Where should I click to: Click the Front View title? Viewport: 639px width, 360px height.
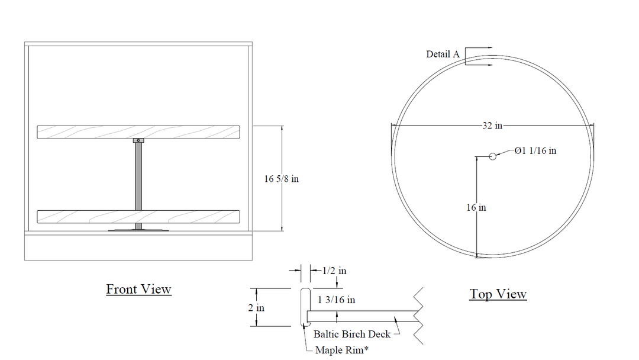pyautogui.click(x=138, y=289)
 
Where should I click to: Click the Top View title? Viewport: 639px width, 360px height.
pyautogui.click(x=498, y=294)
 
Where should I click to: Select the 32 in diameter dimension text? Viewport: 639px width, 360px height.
pyautogui.click(x=492, y=126)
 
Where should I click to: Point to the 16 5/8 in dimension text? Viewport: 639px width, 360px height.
pyautogui.click(x=281, y=179)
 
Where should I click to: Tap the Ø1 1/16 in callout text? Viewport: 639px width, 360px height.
pyautogui.click(x=535, y=151)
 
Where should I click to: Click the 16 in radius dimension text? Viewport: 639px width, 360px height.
pyautogui.click(x=476, y=207)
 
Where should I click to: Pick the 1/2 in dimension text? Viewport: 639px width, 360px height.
pyautogui.click(x=334, y=271)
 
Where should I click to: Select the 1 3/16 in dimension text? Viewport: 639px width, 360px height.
pyautogui.click(x=336, y=300)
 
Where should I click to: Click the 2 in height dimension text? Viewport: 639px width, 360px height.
pyautogui.click(x=256, y=307)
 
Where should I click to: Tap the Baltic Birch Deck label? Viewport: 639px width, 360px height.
pyautogui.click(x=352, y=335)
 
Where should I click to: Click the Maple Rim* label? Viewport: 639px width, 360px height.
pyautogui.click(x=342, y=350)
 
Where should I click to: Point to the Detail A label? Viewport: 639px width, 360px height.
pyautogui.click(x=443, y=54)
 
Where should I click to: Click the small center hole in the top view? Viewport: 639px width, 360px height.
pyautogui.click(x=493, y=156)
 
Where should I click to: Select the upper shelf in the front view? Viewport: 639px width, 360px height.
pyautogui.click(x=138, y=132)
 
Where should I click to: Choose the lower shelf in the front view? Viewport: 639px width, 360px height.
pyautogui.click(x=138, y=217)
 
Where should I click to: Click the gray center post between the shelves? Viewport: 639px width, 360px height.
pyautogui.click(x=138, y=176)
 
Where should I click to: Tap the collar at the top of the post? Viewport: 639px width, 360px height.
pyautogui.click(x=138, y=140)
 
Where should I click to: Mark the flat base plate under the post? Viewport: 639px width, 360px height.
pyautogui.click(x=138, y=230)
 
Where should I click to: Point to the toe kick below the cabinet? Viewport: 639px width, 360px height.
pyautogui.click(x=138, y=247)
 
